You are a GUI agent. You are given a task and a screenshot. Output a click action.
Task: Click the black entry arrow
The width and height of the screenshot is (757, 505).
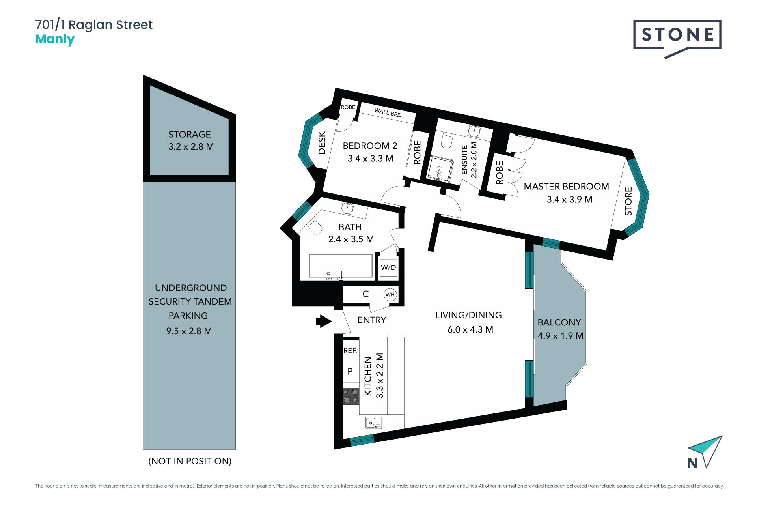click(x=324, y=321)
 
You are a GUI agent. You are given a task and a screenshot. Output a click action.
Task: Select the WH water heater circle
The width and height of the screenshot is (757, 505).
click(x=390, y=294)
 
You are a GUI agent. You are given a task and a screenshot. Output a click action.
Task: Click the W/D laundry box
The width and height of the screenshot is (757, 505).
click(x=388, y=267)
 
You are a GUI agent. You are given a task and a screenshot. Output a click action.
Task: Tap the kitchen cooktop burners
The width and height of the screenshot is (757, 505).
click(x=351, y=396)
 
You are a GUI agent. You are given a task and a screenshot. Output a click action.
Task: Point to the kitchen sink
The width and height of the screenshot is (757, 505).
click(x=373, y=423)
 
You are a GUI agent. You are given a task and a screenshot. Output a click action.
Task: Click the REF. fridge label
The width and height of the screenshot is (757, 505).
click(x=350, y=351)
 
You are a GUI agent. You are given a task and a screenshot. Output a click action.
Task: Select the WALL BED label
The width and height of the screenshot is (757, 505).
click(x=388, y=113)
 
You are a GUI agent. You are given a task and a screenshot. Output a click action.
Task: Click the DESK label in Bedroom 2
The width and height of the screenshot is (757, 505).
click(x=322, y=143)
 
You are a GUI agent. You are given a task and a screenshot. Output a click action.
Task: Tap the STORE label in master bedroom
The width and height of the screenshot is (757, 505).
click(x=628, y=201)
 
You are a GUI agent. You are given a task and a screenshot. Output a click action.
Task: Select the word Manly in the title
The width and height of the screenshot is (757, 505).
click(x=55, y=40)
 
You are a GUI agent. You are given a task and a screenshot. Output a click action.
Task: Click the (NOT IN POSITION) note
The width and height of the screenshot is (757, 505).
click(x=190, y=461)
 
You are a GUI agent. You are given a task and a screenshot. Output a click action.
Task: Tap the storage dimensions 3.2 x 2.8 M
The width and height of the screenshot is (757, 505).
click(x=191, y=147)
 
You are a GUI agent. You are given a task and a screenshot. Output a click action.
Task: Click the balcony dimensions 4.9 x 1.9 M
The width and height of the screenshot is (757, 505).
click(x=561, y=336)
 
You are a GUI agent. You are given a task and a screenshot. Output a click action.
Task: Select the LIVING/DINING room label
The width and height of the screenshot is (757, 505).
click(x=468, y=315)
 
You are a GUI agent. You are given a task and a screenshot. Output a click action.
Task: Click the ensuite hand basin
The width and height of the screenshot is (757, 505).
click(x=474, y=131)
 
